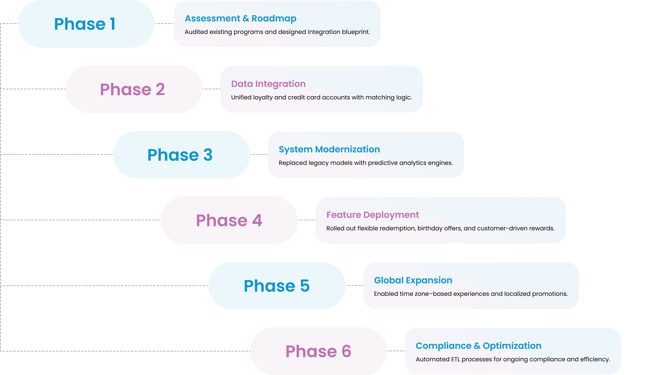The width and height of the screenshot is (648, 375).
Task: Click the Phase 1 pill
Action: tap(86, 24)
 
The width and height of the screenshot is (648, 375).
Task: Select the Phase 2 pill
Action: tap(134, 89)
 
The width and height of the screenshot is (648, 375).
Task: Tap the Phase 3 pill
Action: tap(181, 155)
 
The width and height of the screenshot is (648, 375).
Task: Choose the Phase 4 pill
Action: tap(229, 220)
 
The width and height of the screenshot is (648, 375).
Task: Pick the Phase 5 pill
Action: tap(277, 286)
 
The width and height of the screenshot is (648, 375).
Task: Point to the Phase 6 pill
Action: tap(318, 351)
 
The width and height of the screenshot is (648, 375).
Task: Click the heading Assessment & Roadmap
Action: tap(240, 18)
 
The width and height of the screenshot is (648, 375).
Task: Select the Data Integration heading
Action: tap(268, 84)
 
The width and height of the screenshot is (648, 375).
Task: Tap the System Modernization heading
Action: tap(329, 149)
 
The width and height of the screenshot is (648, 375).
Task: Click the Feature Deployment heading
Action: tap(373, 215)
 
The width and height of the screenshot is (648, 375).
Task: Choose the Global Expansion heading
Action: tap(413, 280)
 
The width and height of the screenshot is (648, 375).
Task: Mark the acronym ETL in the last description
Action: tap(455, 359)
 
